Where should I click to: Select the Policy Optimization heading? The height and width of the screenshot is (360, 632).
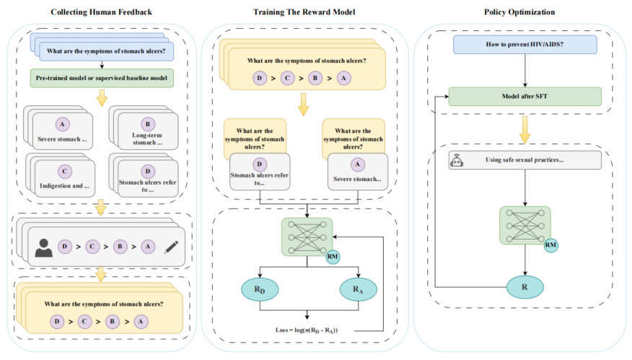pyautogui.click(x=524, y=13)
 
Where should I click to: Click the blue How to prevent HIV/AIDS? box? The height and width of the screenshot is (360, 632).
pyautogui.click(x=525, y=45)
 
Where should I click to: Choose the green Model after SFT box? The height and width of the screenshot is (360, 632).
pyautogui.click(x=525, y=96)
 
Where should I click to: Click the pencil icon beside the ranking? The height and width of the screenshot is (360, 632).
pyautogui.click(x=171, y=245)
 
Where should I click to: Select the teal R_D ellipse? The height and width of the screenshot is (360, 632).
pyautogui.click(x=259, y=289)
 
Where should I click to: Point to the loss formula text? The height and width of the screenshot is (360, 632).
pyautogui.click(x=307, y=329)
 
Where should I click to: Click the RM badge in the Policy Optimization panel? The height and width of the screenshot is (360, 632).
pyautogui.click(x=550, y=246)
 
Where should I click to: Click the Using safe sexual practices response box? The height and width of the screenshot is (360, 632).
pyautogui.click(x=525, y=159)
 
